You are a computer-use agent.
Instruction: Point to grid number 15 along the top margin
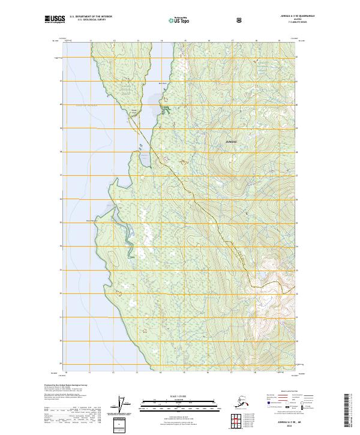[185, 41]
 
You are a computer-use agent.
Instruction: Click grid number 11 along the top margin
[91, 41]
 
